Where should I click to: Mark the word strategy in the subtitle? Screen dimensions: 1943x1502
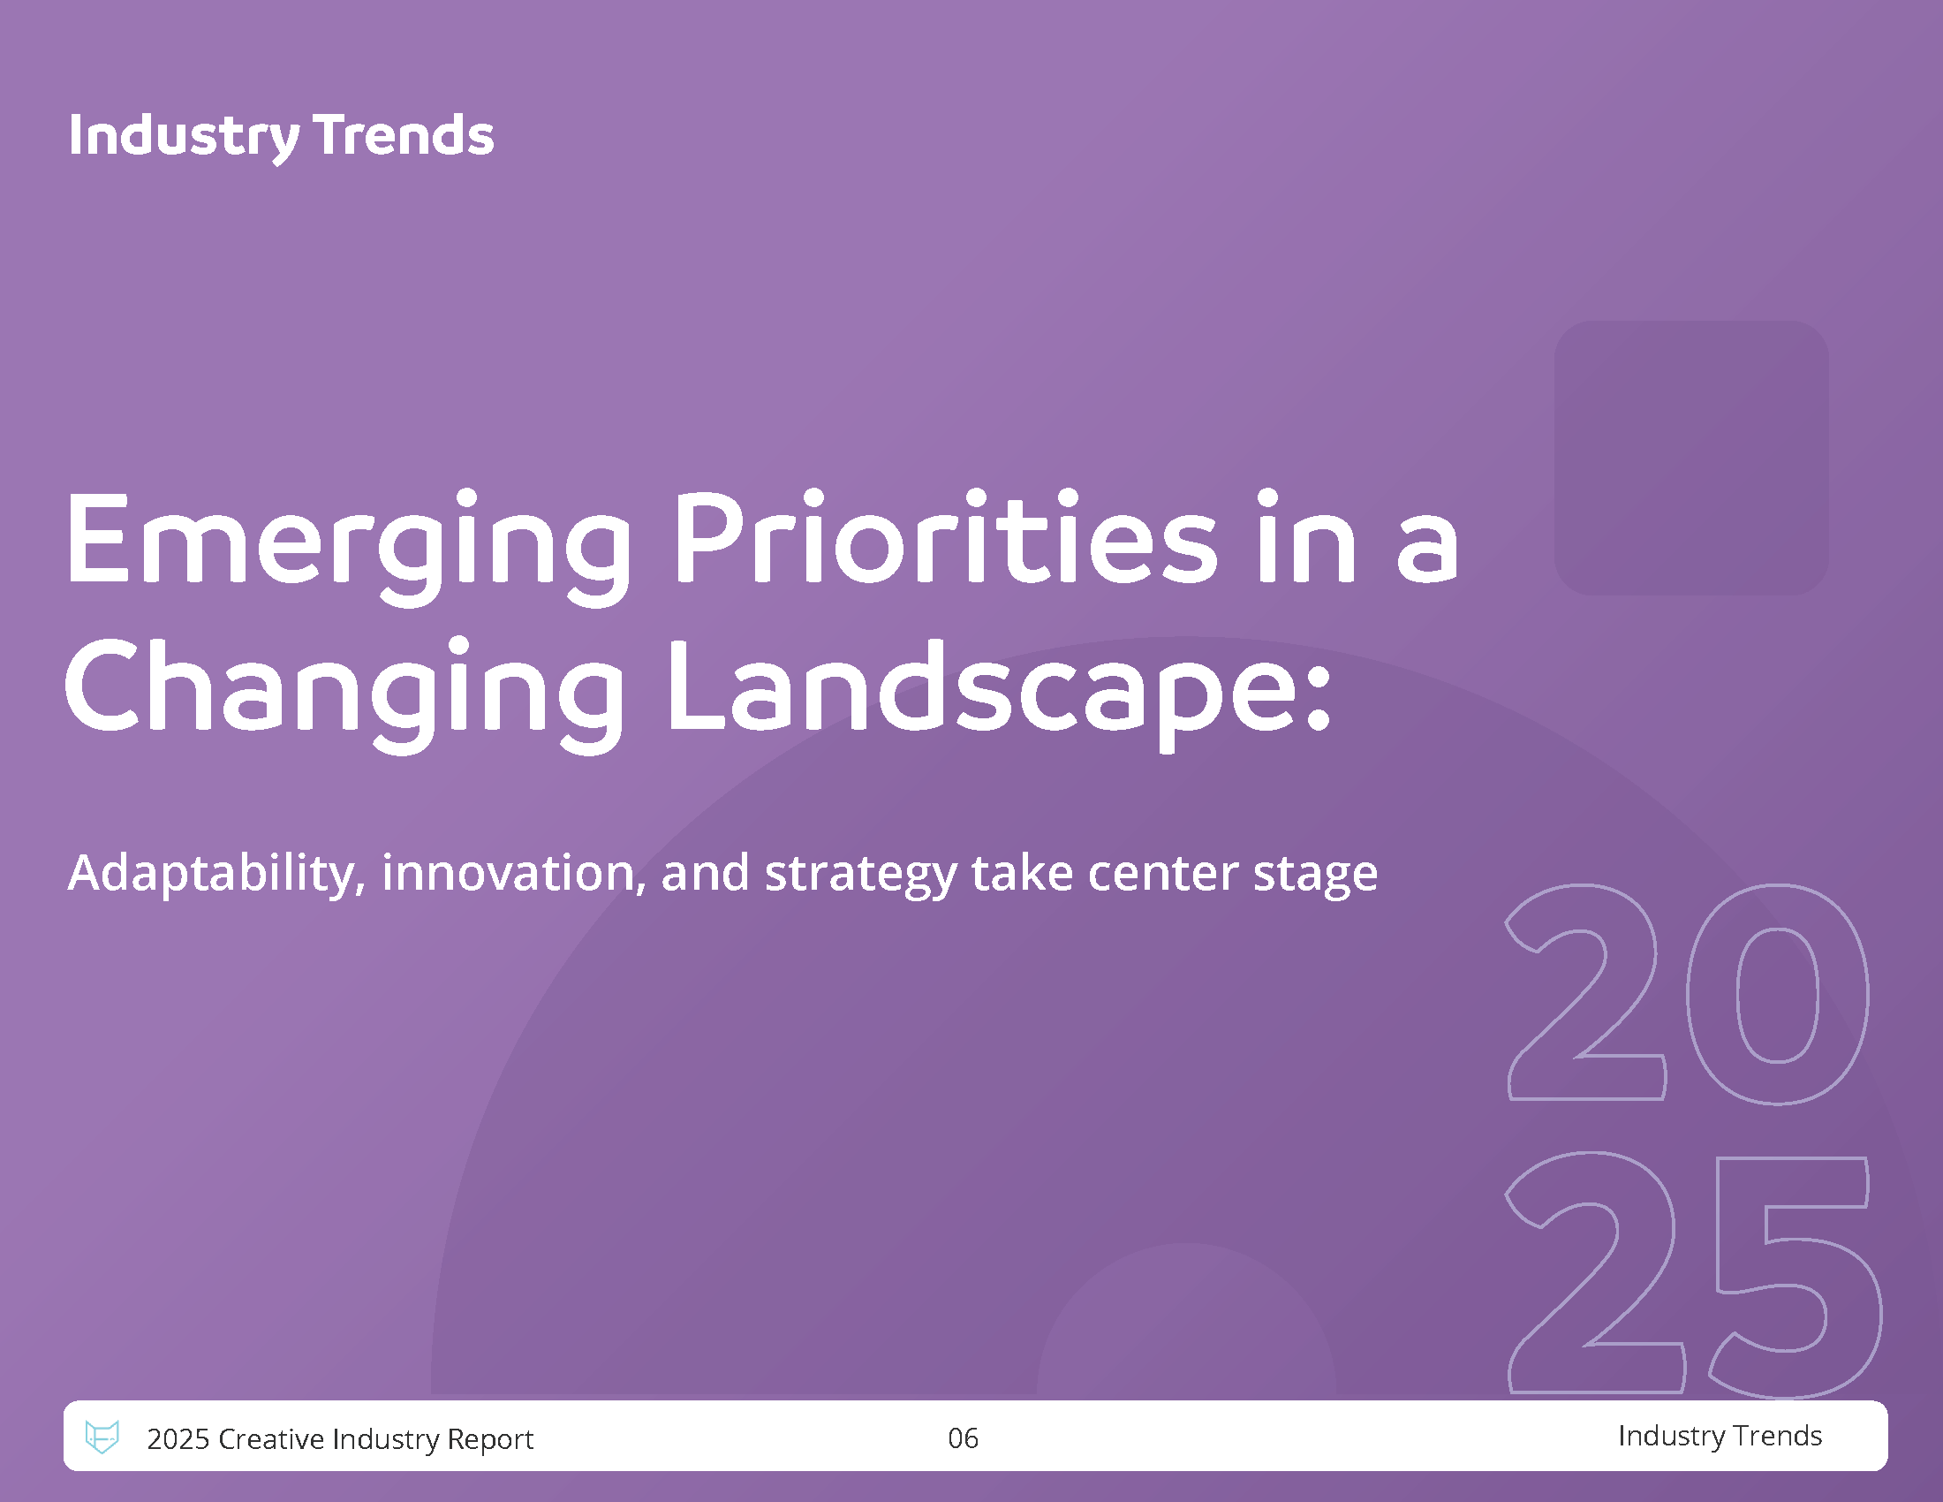coord(860,876)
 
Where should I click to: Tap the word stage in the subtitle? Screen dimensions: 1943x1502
coord(1316,876)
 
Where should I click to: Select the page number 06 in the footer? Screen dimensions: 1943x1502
coord(963,1438)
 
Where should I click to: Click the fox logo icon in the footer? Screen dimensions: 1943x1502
coord(102,1436)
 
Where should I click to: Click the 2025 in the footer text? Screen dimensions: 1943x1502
coord(178,1438)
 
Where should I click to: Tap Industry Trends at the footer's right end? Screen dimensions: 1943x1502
coord(1720,1435)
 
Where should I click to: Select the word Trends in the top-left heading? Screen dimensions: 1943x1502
coord(403,135)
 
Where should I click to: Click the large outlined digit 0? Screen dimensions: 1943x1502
coord(1778,994)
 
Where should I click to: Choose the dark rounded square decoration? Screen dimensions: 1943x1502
coord(1691,458)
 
